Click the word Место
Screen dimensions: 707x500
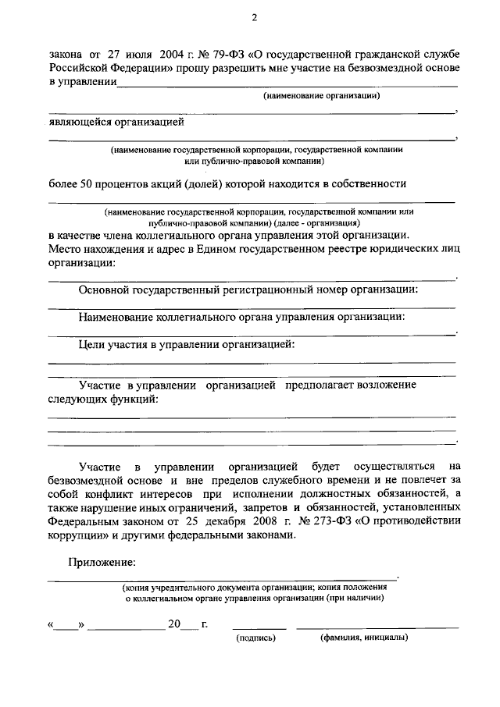coord(65,249)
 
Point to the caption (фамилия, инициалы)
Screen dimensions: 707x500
coord(364,638)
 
